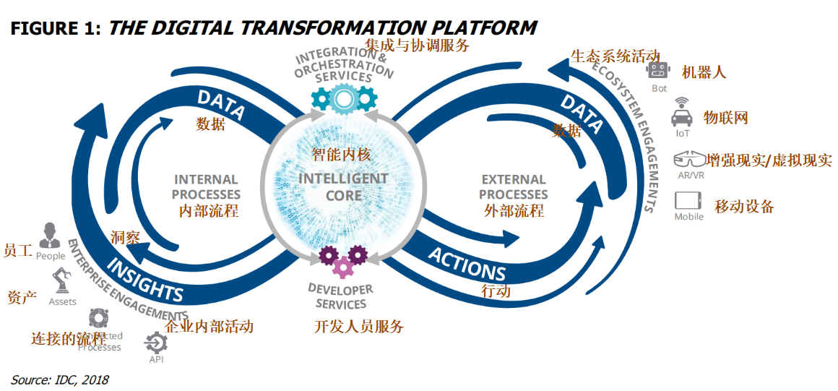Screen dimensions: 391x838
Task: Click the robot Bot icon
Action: tap(657, 70)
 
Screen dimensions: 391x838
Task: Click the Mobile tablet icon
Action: tap(688, 200)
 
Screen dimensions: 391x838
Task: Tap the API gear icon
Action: tap(156, 341)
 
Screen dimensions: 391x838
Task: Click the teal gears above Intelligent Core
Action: tap(344, 98)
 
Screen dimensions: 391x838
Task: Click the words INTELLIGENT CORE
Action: tap(343, 186)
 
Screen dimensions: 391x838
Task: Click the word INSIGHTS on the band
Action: tap(147, 277)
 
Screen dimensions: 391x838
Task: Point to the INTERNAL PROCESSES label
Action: tap(207, 186)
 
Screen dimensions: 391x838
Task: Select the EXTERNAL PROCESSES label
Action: tap(514, 186)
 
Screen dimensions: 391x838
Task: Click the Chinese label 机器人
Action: tap(704, 72)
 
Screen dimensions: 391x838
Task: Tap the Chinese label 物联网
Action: tap(725, 118)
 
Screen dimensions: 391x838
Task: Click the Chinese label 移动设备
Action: tap(744, 207)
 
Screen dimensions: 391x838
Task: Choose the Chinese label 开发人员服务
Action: tap(359, 326)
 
